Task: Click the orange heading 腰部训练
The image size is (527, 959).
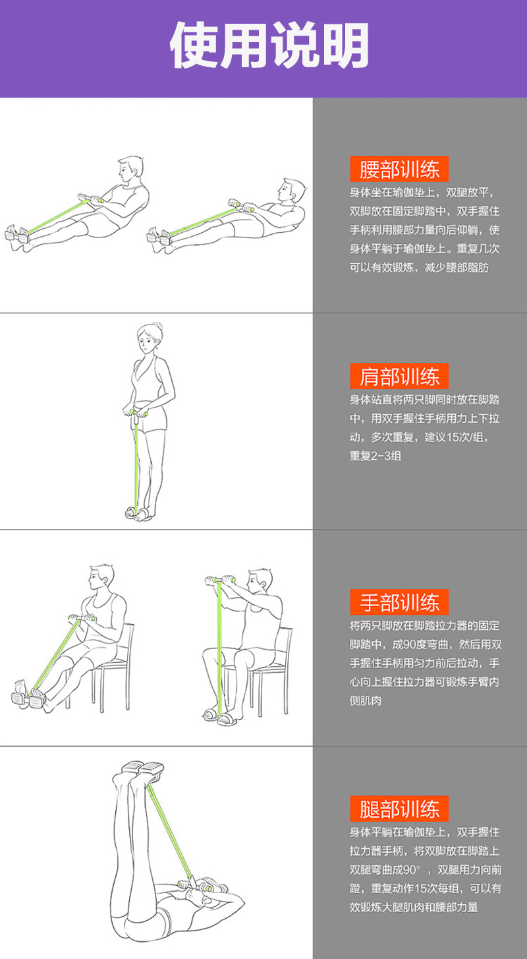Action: point(399,170)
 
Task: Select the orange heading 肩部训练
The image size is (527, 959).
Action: point(399,376)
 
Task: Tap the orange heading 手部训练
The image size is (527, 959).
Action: point(399,602)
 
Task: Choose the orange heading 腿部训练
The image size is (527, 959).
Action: point(399,809)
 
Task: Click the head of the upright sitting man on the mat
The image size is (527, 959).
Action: point(131,170)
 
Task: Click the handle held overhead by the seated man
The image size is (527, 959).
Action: point(220,580)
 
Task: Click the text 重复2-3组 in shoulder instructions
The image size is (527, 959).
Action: point(375,455)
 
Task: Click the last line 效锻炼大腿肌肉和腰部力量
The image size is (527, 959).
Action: point(414,907)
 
